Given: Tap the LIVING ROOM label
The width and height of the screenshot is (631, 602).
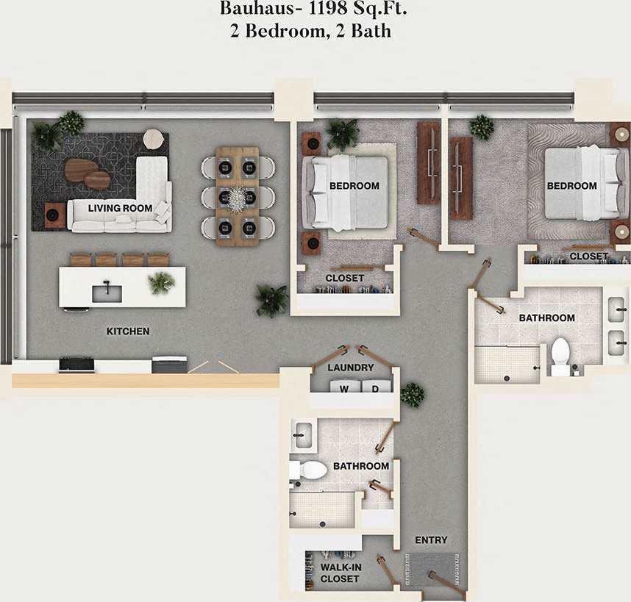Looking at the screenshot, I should tap(120, 208).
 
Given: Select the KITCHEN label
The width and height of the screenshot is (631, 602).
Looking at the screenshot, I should tap(128, 332).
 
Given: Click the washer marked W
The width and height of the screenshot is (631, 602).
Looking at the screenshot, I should tap(343, 389).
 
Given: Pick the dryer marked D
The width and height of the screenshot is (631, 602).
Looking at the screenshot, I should tap(374, 389).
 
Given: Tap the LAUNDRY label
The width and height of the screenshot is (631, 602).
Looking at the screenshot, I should tap(351, 368).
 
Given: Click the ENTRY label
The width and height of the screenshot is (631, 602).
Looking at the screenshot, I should tap(431, 540).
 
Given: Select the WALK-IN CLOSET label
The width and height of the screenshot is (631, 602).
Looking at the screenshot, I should tap(340, 573).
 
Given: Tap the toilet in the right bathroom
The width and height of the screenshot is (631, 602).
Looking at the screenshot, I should tap(561, 353).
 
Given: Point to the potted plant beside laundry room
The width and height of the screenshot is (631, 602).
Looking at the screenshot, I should tap(411, 394).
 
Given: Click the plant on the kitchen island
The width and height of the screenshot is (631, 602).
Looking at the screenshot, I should tap(161, 282).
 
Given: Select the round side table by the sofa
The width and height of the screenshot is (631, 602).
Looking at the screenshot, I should tap(154, 139).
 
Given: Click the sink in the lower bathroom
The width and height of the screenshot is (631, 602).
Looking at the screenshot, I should tap(302, 435).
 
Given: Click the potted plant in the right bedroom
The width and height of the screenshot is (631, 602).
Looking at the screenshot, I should tap(482, 126).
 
